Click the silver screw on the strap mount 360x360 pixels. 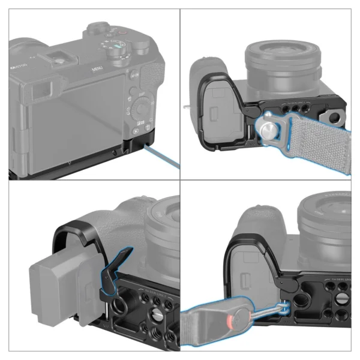(265, 126)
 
